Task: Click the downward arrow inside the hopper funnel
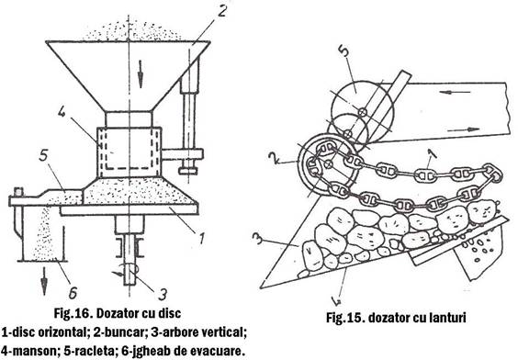coord(141,73)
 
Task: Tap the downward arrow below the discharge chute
coord(44,282)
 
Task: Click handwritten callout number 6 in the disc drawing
coord(73,293)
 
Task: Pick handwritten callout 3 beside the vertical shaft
coord(162,294)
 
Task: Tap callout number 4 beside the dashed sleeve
coord(62,112)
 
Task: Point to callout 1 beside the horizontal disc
coord(202,239)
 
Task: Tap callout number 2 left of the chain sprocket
coord(272,159)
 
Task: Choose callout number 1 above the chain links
coord(432,154)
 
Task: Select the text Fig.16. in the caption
coord(73,313)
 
